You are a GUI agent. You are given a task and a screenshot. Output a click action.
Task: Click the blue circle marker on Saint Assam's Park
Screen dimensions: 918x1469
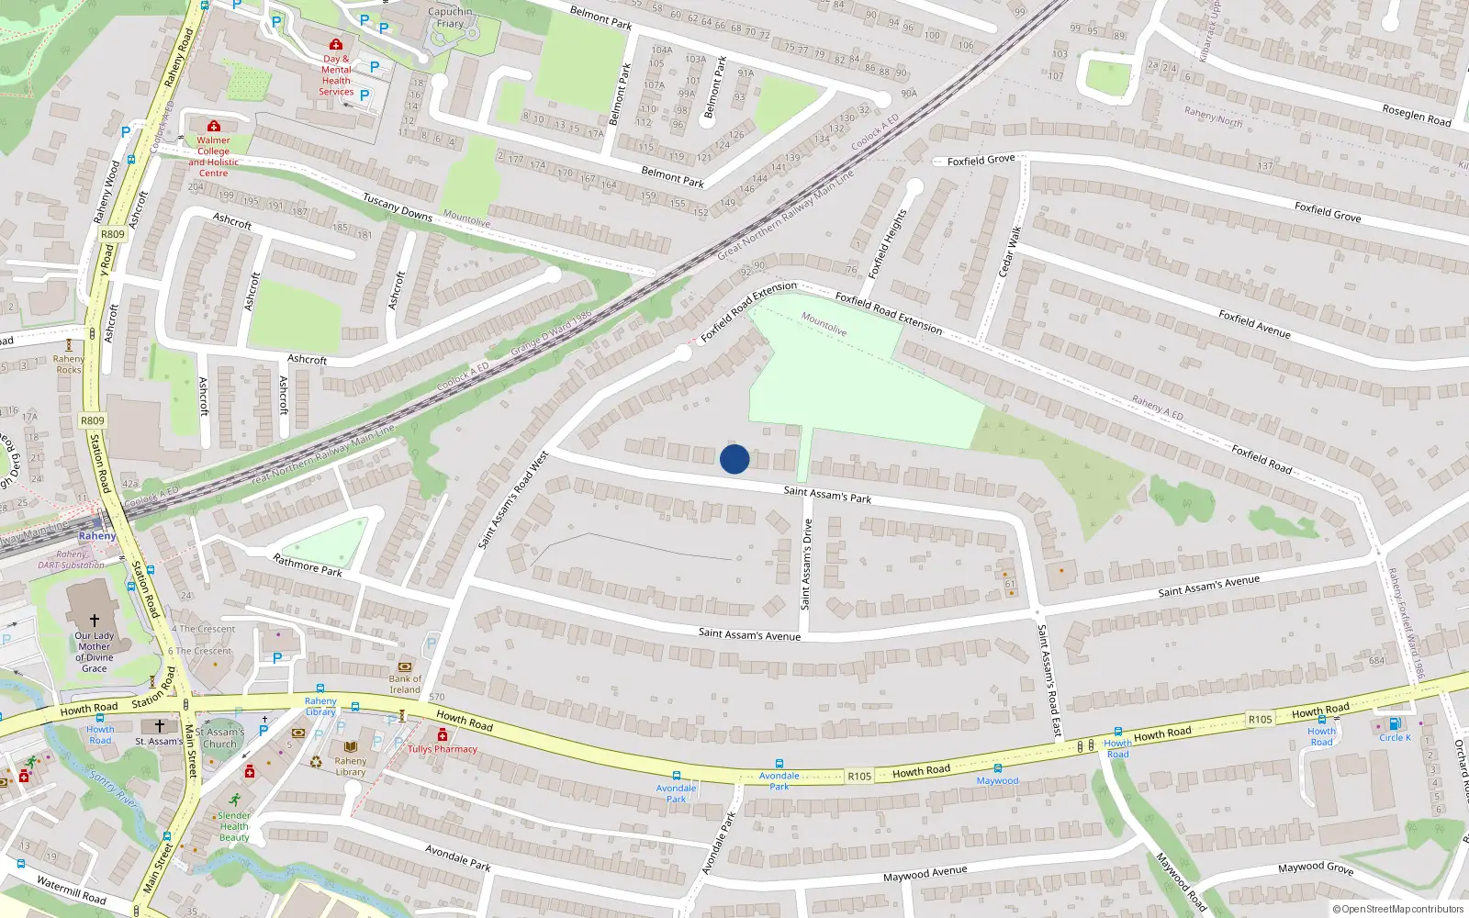point(734,459)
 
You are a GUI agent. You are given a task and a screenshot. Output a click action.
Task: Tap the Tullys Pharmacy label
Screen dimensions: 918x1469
point(443,749)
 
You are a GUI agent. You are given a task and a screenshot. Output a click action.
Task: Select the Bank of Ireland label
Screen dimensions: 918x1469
point(405,684)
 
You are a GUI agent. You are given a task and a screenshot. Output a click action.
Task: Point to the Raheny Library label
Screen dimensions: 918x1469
point(350,767)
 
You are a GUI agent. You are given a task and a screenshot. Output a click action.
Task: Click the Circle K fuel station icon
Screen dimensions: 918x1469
point(1395,723)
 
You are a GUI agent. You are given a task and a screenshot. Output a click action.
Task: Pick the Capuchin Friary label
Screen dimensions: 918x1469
point(450,17)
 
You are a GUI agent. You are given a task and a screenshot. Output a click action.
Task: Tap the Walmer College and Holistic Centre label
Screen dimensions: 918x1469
point(213,156)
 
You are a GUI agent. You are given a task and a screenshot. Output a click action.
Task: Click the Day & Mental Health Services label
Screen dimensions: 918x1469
point(336,75)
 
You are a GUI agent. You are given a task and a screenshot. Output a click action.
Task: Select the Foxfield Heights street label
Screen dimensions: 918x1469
point(888,243)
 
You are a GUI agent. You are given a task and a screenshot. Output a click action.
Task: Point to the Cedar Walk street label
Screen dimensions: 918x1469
point(1010,252)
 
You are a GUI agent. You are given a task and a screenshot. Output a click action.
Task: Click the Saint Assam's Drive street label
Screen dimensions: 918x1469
point(806,564)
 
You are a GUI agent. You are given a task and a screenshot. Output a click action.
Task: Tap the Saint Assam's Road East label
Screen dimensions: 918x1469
point(1048,679)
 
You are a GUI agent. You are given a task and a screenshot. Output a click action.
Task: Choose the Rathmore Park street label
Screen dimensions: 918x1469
point(308,565)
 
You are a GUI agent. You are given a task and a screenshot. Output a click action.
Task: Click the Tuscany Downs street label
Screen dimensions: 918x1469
point(397,207)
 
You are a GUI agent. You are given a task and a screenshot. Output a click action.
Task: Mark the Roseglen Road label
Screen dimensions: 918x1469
point(1416,115)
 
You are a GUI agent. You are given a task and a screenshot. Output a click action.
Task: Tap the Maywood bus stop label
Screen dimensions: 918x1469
point(997,780)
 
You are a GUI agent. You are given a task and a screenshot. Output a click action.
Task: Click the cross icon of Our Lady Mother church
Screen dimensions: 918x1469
point(94,621)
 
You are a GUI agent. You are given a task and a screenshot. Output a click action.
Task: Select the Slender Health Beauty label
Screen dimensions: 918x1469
point(234,826)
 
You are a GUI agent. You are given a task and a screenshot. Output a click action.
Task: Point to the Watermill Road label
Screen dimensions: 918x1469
point(72,889)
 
